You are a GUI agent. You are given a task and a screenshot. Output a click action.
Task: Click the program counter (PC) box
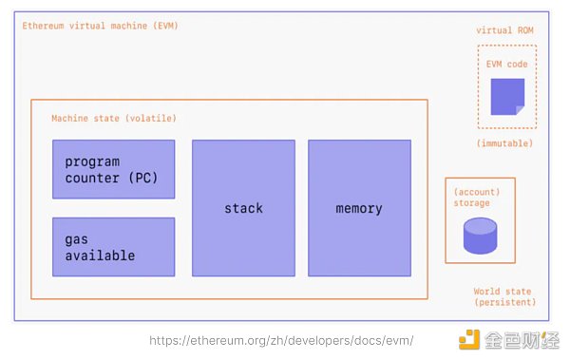(x=113, y=169)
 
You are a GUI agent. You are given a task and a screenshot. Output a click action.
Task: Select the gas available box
(x=113, y=247)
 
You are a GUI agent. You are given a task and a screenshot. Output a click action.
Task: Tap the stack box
(x=243, y=208)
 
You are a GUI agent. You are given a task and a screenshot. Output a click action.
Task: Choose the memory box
(x=359, y=208)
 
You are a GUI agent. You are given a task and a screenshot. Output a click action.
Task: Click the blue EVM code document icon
(x=507, y=97)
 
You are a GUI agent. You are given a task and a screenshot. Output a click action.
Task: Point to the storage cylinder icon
(x=480, y=236)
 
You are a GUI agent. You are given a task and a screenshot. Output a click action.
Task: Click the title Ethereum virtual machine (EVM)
(x=100, y=26)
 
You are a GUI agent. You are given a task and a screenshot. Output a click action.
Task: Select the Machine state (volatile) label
(x=114, y=118)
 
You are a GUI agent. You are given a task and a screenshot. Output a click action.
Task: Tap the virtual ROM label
(x=504, y=30)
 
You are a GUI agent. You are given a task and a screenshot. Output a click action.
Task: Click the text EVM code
(x=506, y=65)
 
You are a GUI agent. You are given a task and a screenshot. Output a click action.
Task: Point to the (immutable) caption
(x=504, y=143)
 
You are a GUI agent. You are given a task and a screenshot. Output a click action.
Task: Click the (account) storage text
(x=477, y=198)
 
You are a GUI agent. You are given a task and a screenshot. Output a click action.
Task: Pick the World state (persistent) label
(x=505, y=296)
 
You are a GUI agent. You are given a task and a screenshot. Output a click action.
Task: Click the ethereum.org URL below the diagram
(x=281, y=341)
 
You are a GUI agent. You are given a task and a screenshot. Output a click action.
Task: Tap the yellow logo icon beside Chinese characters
(x=469, y=339)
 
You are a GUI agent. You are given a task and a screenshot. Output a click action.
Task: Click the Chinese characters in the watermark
(x=522, y=340)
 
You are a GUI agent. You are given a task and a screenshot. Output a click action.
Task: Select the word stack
(x=243, y=208)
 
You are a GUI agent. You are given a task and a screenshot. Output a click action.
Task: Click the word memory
(x=359, y=209)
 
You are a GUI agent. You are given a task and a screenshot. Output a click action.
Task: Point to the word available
(x=100, y=256)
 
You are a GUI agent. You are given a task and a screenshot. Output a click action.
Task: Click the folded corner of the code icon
(x=521, y=110)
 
